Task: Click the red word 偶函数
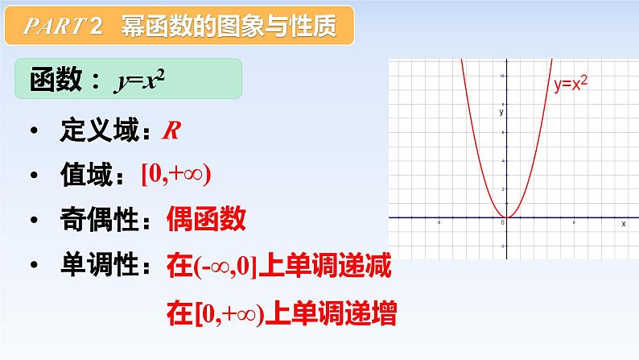click(x=205, y=219)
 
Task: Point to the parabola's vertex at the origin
click(x=505, y=217)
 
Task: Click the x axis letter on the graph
click(x=623, y=224)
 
